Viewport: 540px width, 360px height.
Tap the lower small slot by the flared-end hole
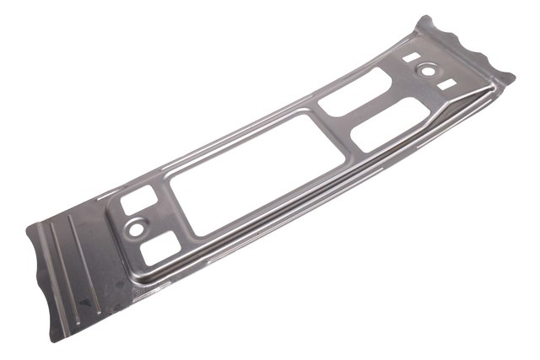tap(445, 83)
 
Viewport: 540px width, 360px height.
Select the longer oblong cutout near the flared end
tap(389, 124)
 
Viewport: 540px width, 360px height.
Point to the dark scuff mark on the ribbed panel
tap(82, 297)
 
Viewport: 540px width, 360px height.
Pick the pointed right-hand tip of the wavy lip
tap(510, 78)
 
